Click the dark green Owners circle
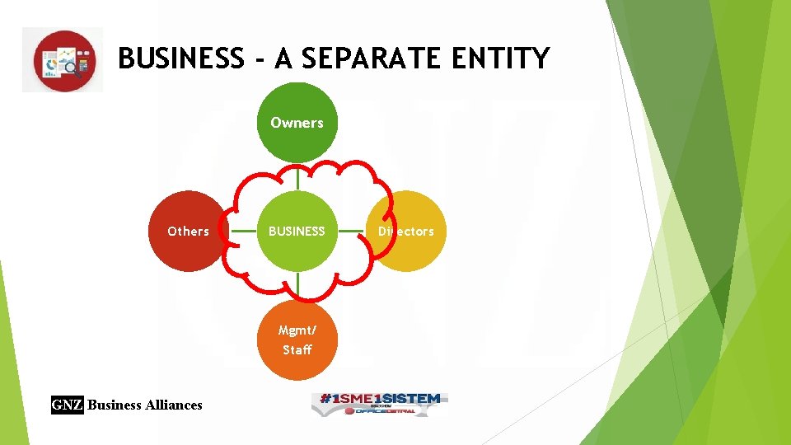pyautogui.click(x=297, y=122)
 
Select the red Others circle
pyautogui.click(x=188, y=232)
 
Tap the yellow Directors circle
pyautogui.click(x=406, y=232)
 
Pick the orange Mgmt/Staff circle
pyautogui.click(x=297, y=340)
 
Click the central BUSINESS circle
pyautogui.click(x=297, y=232)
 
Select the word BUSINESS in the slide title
pyautogui.click(x=181, y=59)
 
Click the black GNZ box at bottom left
pyautogui.click(x=68, y=405)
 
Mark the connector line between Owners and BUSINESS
pyautogui.click(x=297, y=176)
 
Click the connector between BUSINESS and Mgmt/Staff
pyautogui.click(x=297, y=285)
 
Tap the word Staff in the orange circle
pyautogui.click(x=297, y=349)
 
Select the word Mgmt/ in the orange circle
pyautogui.click(x=297, y=330)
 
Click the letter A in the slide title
pyautogui.click(x=283, y=59)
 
